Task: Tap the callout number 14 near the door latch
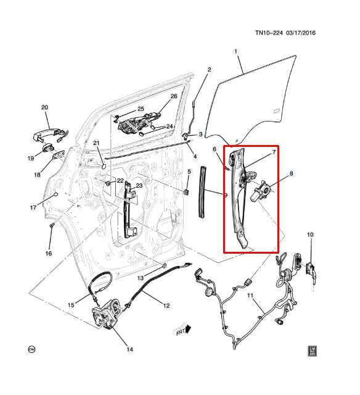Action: (x=129, y=350)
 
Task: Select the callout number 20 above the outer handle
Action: (x=44, y=108)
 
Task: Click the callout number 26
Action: (x=173, y=96)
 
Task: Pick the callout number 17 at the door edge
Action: (x=33, y=207)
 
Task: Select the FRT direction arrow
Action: (x=182, y=330)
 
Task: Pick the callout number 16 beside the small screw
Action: (x=48, y=254)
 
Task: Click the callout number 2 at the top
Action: (x=209, y=69)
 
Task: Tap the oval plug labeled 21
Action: (x=103, y=166)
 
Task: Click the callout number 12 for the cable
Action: (x=166, y=305)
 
